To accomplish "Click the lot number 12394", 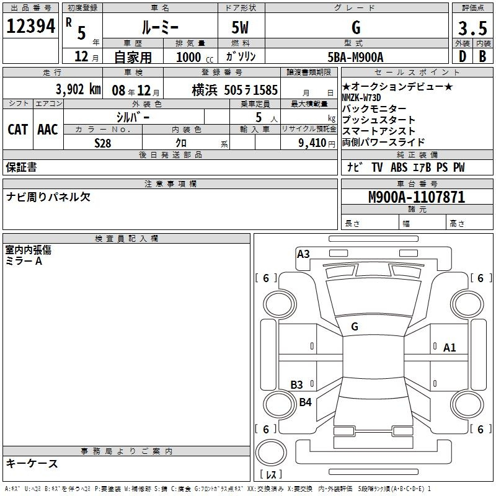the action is (30, 26).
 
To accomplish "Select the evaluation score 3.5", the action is (472, 28).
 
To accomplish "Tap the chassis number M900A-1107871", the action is (417, 197).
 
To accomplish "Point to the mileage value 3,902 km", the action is (78, 89).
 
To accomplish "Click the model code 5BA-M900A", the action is (355, 57).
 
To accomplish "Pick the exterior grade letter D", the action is (463, 56).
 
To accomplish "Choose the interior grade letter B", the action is (482, 56).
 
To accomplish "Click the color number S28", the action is (102, 143).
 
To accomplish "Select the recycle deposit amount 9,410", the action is (312, 143).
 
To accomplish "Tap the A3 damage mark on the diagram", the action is (303, 254).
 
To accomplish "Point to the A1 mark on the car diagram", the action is (449, 348).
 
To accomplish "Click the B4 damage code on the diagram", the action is (305, 402).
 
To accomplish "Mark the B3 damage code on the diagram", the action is (296, 384).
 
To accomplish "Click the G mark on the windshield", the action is (355, 327).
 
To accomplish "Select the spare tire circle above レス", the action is (271, 452).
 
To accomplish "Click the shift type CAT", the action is (18, 130).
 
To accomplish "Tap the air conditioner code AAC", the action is (48, 130).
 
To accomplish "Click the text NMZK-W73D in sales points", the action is (361, 97).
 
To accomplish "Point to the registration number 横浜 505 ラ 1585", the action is (235, 90).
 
